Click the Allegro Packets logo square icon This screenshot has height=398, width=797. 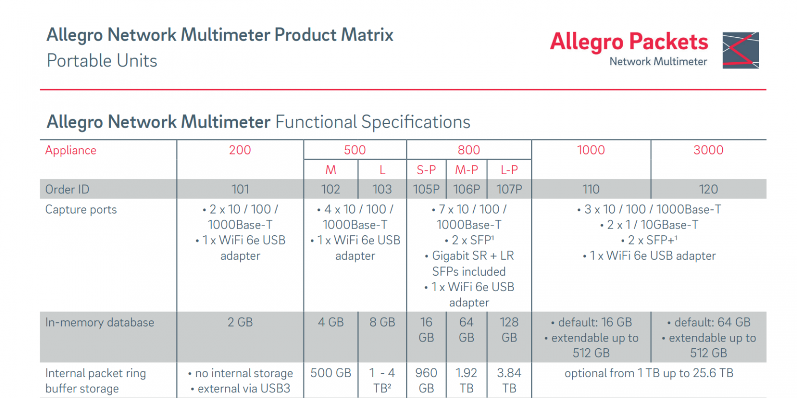(x=740, y=50)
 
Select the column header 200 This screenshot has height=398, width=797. (x=240, y=150)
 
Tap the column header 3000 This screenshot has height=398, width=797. (x=708, y=150)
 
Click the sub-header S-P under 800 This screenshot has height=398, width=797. (x=426, y=170)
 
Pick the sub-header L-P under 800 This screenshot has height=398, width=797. (x=509, y=170)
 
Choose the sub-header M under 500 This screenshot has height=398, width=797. (x=331, y=170)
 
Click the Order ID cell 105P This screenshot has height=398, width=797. (x=426, y=189)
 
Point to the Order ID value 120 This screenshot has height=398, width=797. (x=708, y=189)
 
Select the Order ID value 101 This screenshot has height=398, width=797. (x=240, y=189)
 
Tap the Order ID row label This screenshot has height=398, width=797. (x=67, y=189)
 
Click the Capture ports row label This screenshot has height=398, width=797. (x=81, y=210)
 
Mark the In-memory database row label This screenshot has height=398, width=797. (x=100, y=322)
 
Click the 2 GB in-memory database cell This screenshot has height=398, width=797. (x=240, y=322)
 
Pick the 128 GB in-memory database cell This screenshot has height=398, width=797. (x=509, y=330)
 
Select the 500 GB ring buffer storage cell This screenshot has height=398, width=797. (x=331, y=373)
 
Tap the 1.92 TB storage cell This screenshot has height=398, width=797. (x=466, y=380)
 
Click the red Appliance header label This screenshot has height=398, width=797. (x=71, y=150)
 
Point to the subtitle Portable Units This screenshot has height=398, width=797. (x=102, y=61)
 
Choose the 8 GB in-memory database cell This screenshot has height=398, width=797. (x=382, y=322)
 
